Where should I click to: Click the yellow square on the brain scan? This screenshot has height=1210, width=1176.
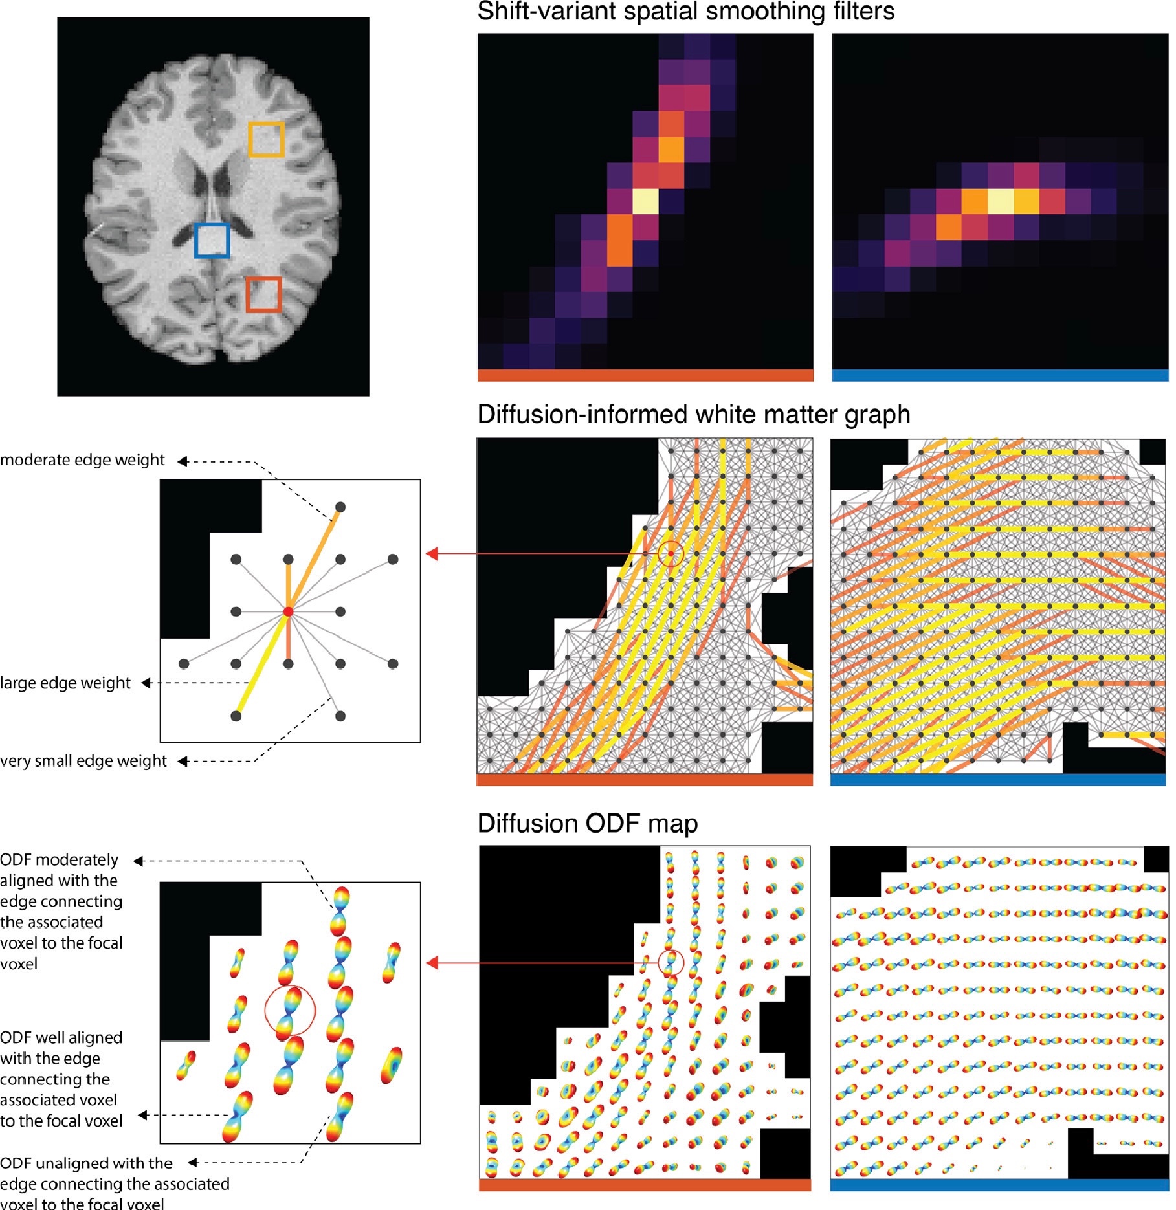(266, 139)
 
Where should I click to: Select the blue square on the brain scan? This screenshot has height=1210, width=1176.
(212, 240)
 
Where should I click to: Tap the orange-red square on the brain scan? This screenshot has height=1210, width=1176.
(263, 294)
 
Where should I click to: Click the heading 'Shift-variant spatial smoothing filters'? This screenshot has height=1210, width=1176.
(685, 12)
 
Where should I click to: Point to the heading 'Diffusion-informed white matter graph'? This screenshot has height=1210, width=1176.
(693, 415)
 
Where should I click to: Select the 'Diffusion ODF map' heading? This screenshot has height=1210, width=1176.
(587, 824)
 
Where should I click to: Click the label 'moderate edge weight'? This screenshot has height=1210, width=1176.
(82, 460)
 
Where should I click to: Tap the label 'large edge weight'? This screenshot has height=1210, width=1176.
(65, 683)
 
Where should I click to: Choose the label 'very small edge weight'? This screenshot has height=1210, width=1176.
(83, 761)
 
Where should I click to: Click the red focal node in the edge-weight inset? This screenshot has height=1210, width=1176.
(289, 611)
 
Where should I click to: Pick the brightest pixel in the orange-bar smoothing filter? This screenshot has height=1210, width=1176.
(645, 201)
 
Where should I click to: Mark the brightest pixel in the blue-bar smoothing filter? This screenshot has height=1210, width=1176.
(1000, 201)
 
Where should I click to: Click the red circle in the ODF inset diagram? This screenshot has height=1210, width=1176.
(289, 1010)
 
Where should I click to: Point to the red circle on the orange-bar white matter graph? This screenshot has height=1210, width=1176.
(671, 553)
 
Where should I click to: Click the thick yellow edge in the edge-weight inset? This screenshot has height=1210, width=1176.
(262, 664)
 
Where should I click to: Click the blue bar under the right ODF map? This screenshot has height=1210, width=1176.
(999, 1185)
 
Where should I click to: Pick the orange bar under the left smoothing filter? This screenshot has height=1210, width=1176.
(645, 375)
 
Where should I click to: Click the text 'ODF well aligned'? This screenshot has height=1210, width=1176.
(61, 1038)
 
